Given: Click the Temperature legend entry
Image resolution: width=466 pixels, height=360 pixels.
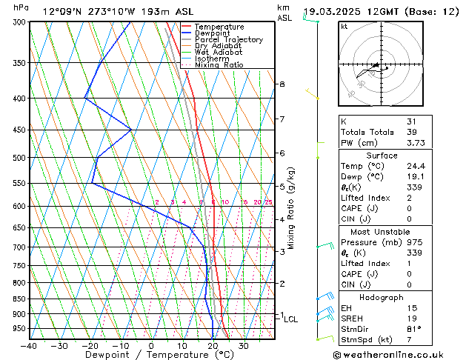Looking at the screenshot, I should click(219, 27).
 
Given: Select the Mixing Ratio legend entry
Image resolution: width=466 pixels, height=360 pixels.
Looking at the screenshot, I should click(219, 65).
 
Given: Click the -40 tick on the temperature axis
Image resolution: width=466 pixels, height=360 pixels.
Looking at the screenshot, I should click(29, 345).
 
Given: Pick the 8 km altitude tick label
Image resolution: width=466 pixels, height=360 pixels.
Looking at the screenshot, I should click(282, 84).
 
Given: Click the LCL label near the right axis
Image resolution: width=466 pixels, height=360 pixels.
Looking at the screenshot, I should click(291, 319).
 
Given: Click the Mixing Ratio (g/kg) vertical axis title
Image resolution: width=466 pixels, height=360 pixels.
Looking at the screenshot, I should click(291, 208).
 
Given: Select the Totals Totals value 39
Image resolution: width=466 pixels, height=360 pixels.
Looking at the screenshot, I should click(412, 131).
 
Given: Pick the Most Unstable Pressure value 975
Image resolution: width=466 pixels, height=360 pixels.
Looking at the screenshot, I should click(413, 242).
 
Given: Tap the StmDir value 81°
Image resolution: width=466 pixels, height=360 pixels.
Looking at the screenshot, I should click(413, 329).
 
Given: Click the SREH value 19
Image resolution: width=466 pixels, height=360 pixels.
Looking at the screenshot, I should click(412, 318).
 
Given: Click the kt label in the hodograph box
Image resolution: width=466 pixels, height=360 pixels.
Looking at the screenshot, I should click(344, 27).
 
